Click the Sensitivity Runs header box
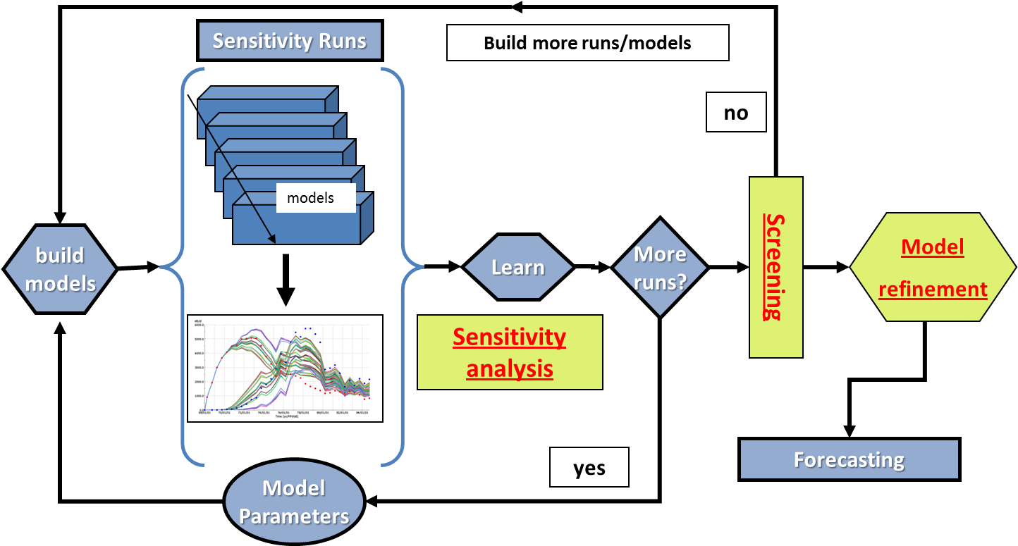click(x=290, y=40)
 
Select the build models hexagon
click(x=60, y=269)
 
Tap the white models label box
click(x=315, y=198)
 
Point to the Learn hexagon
click(x=518, y=268)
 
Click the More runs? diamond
click(x=660, y=268)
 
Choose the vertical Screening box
click(x=775, y=267)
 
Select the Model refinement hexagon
click(x=933, y=268)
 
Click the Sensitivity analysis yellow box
click(x=510, y=352)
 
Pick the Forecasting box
click(x=849, y=460)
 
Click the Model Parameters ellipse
click(x=294, y=502)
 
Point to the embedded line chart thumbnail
click(x=285, y=368)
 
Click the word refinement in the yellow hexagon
click(x=933, y=289)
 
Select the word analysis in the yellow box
click(x=510, y=368)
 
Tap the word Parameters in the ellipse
click(x=294, y=516)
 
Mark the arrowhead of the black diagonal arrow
click(x=271, y=241)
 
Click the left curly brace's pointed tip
click(x=161, y=267)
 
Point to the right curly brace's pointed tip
click(x=424, y=267)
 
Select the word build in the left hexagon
click(x=60, y=255)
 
